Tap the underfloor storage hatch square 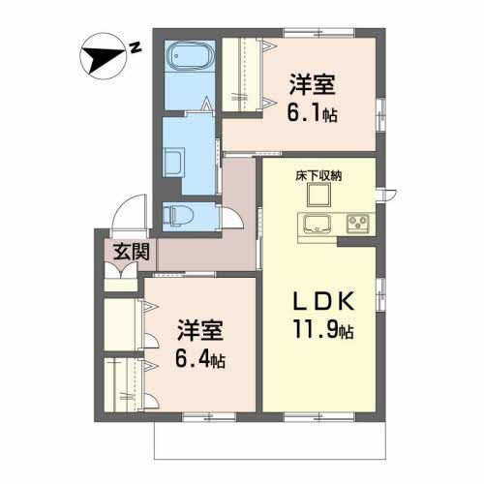pyautogui.click(x=318, y=195)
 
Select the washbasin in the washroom pyautogui.click(x=174, y=160)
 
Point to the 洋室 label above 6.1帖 pyautogui.click(x=312, y=83)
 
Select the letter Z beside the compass pyautogui.click(x=136, y=45)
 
